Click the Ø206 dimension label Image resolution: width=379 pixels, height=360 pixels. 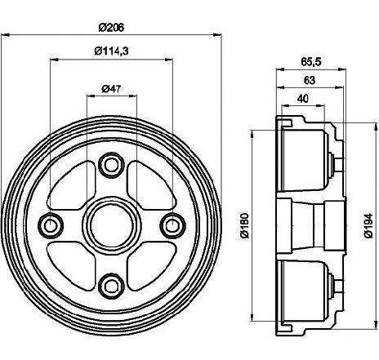pyautogui.click(x=111, y=28)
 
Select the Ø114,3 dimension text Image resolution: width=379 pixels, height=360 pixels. pyautogui.click(x=112, y=51)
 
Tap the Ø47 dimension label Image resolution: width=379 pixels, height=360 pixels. pyautogui.click(x=111, y=89)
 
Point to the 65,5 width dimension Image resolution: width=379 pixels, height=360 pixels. pyautogui.click(x=311, y=62)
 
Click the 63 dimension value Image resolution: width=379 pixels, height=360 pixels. pyautogui.click(x=310, y=80)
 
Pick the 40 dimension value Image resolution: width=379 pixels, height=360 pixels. pyautogui.click(x=303, y=99)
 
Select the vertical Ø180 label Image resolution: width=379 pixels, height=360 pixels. pyautogui.click(x=245, y=225)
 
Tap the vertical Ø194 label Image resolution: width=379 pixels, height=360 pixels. pyautogui.click(x=368, y=225)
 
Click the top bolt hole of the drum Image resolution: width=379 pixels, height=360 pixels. pyautogui.click(x=111, y=166)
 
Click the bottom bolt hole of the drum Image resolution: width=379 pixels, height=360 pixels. pyautogui.click(x=111, y=286)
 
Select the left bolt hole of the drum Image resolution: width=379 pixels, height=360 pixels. pyautogui.click(x=51, y=226)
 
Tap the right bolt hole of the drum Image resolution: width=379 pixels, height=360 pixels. pyautogui.click(x=172, y=226)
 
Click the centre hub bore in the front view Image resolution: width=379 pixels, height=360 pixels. pyautogui.click(x=112, y=226)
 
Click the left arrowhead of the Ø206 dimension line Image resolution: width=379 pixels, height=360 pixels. pyautogui.click(x=6, y=35)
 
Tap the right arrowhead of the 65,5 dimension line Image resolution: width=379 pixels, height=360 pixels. pyautogui.click(x=342, y=69)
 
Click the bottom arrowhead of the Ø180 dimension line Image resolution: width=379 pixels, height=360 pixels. pyautogui.click(x=252, y=318)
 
